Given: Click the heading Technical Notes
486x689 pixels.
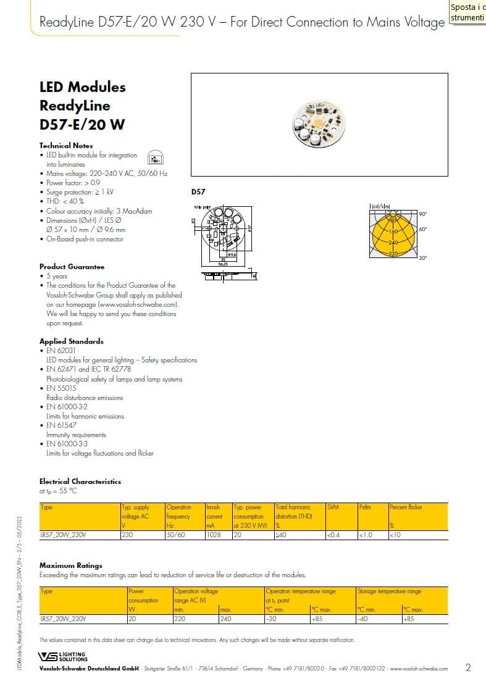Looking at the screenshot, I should click(x=66, y=146).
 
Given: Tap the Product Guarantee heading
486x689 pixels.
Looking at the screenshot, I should click(x=72, y=267).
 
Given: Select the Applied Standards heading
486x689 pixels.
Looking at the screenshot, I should click(x=71, y=341).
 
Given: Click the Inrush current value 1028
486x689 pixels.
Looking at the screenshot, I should click(x=213, y=535).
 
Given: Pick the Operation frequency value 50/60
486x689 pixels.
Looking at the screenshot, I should click(x=176, y=535).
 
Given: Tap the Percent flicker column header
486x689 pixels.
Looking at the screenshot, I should click(x=406, y=507).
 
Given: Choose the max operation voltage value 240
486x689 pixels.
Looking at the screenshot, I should click(x=225, y=619).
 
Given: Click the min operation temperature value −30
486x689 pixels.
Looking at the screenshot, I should click(x=270, y=619).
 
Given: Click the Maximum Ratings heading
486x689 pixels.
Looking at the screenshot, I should click(x=70, y=566).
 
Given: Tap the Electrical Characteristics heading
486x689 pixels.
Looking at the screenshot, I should click(x=80, y=482).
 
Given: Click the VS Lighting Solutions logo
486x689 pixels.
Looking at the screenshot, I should click(x=63, y=656).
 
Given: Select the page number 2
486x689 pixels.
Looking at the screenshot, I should click(x=468, y=667).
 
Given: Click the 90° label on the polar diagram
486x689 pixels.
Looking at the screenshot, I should click(x=423, y=214).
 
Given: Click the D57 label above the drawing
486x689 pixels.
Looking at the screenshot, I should click(x=198, y=192).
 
